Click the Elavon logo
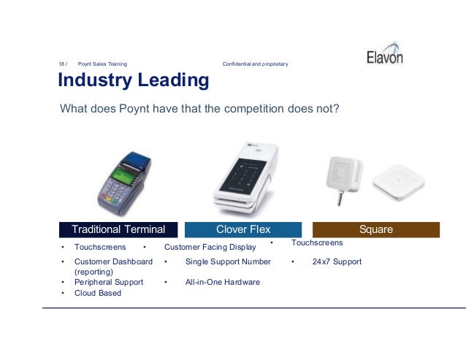pyautogui.click(x=384, y=56)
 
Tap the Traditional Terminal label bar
pyautogui.click(x=118, y=229)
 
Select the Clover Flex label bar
pyautogui.click(x=243, y=229)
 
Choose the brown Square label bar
pyautogui.click(x=375, y=229)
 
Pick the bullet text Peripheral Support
pyautogui.click(x=109, y=282)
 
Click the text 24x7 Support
pyautogui.click(x=336, y=261)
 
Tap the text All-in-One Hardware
pyautogui.click(x=222, y=282)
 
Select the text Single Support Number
pyautogui.click(x=228, y=261)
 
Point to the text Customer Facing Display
pyautogui.click(x=210, y=247)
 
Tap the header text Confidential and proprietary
pyautogui.click(x=255, y=64)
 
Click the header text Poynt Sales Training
pyautogui.click(x=102, y=64)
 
